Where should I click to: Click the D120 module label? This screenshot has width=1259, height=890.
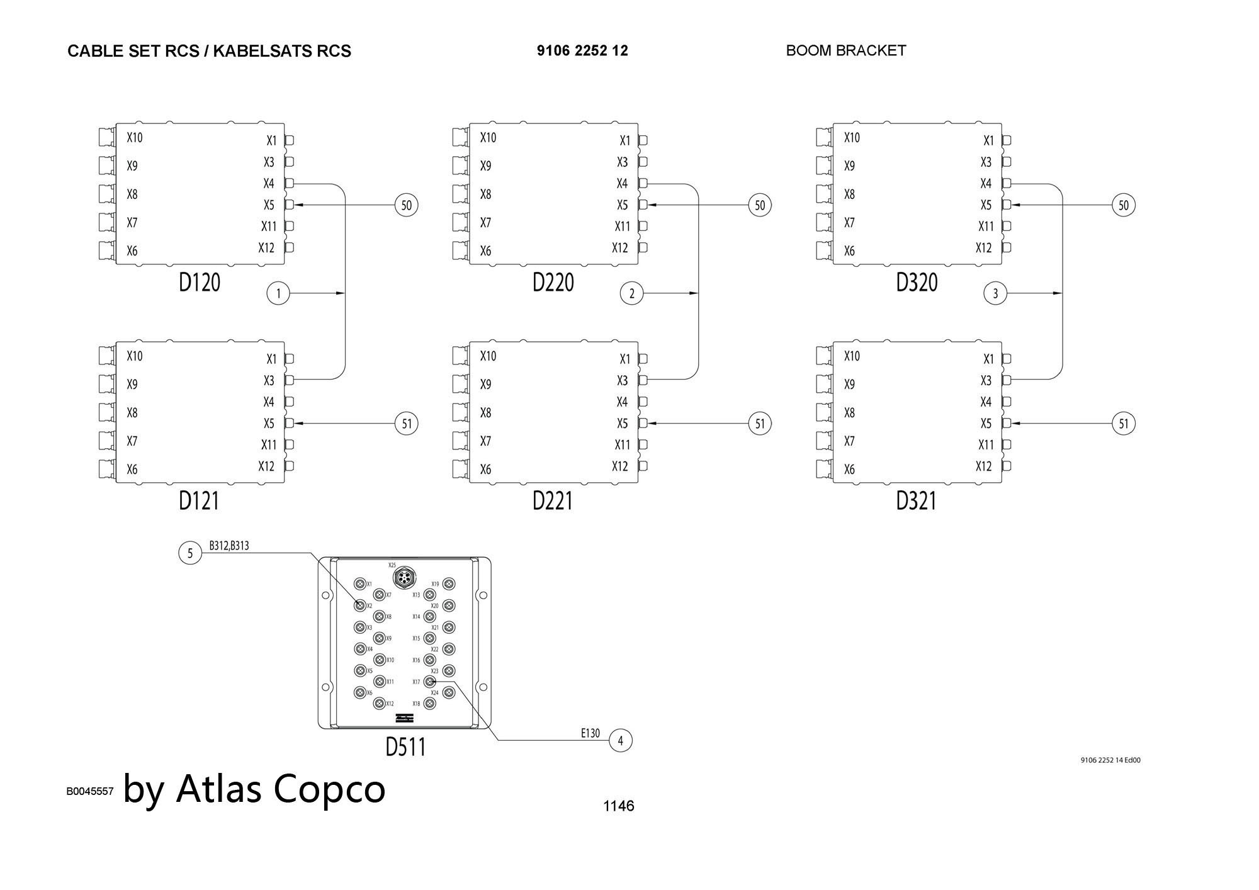[x=200, y=283]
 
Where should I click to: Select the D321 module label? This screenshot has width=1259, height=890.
[x=916, y=501]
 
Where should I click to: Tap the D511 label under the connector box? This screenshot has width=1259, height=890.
[x=405, y=747]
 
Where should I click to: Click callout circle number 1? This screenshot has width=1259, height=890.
[x=278, y=293]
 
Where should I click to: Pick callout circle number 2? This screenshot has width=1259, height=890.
[x=631, y=293]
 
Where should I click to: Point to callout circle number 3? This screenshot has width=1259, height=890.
[x=995, y=293]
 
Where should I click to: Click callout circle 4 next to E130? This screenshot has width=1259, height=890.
[x=620, y=741]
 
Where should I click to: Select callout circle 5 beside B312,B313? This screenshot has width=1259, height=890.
[x=190, y=553]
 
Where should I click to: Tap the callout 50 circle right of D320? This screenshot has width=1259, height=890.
[x=1124, y=205]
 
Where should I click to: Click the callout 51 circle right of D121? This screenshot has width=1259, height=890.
[x=407, y=424]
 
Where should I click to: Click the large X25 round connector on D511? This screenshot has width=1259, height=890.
[x=404, y=577]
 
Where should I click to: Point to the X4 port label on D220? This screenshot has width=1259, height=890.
[x=622, y=184]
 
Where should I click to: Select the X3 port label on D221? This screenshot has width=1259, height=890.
[x=622, y=381]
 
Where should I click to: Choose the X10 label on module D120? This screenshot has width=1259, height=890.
[x=135, y=138]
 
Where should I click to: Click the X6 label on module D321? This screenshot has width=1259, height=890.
[x=849, y=470]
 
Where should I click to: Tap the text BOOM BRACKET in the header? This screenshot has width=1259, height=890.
[x=845, y=51]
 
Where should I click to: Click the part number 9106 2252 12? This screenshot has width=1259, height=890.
[x=582, y=51]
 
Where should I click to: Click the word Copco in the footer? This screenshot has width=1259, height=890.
[x=330, y=789]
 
